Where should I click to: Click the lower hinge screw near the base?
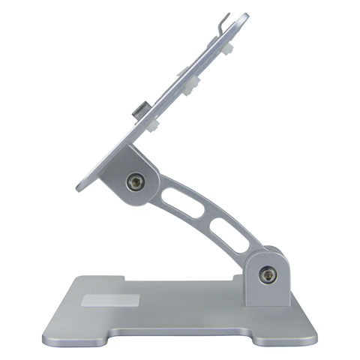[267, 275]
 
